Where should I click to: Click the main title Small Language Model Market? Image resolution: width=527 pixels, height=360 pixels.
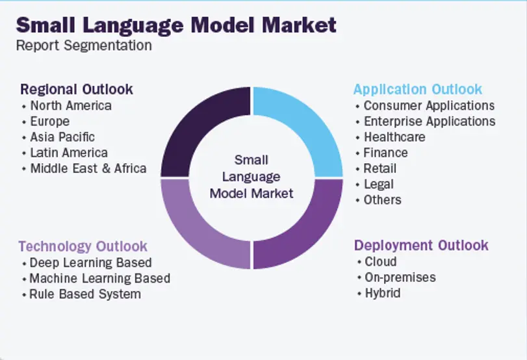[x=176, y=25]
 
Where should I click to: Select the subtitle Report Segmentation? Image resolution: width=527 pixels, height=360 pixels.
[x=84, y=45]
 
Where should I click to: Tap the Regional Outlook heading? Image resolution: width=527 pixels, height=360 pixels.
[x=77, y=90]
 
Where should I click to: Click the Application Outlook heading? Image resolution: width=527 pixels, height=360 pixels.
[x=418, y=90]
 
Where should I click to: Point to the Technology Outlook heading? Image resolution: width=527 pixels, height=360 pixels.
[x=83, y=246]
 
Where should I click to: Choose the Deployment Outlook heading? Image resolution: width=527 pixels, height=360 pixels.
[x=421, y=245]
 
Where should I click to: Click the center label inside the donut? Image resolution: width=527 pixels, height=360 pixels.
[x=251, y=177]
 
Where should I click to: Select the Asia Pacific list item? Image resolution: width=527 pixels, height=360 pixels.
[x=62, y=137]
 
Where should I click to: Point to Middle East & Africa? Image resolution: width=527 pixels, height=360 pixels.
[x=88, y=168]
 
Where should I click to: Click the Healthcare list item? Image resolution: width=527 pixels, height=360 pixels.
[x=394, y=137]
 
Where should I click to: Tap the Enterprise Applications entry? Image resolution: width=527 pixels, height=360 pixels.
[x=430, y=122]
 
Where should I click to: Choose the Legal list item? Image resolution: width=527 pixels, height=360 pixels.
[x=379, y=184]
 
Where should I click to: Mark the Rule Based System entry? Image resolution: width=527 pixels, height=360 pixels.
[x=85, y=294]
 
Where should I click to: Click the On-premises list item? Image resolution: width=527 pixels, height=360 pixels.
[x=400, y=277]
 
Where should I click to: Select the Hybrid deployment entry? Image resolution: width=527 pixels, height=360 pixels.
[x=383, y=293]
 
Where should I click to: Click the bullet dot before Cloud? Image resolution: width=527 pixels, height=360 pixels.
[x=359, y=262]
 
